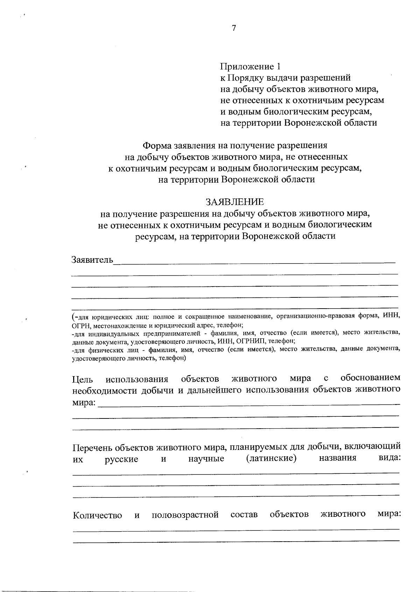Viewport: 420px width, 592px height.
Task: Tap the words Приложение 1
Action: (250, 66)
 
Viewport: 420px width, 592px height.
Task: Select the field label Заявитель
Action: (92, 260)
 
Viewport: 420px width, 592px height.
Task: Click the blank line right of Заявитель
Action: (254, 261)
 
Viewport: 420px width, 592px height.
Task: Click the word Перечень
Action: (93, 448)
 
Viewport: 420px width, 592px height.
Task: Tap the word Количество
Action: (97, 515)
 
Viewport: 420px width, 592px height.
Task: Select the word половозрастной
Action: (185, 515)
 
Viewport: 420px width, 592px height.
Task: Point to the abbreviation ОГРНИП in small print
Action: (254, 341)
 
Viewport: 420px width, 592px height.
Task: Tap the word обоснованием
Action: (370, 378)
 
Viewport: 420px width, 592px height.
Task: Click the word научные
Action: (206, 459)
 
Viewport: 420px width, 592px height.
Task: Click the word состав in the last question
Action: (244, 515)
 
